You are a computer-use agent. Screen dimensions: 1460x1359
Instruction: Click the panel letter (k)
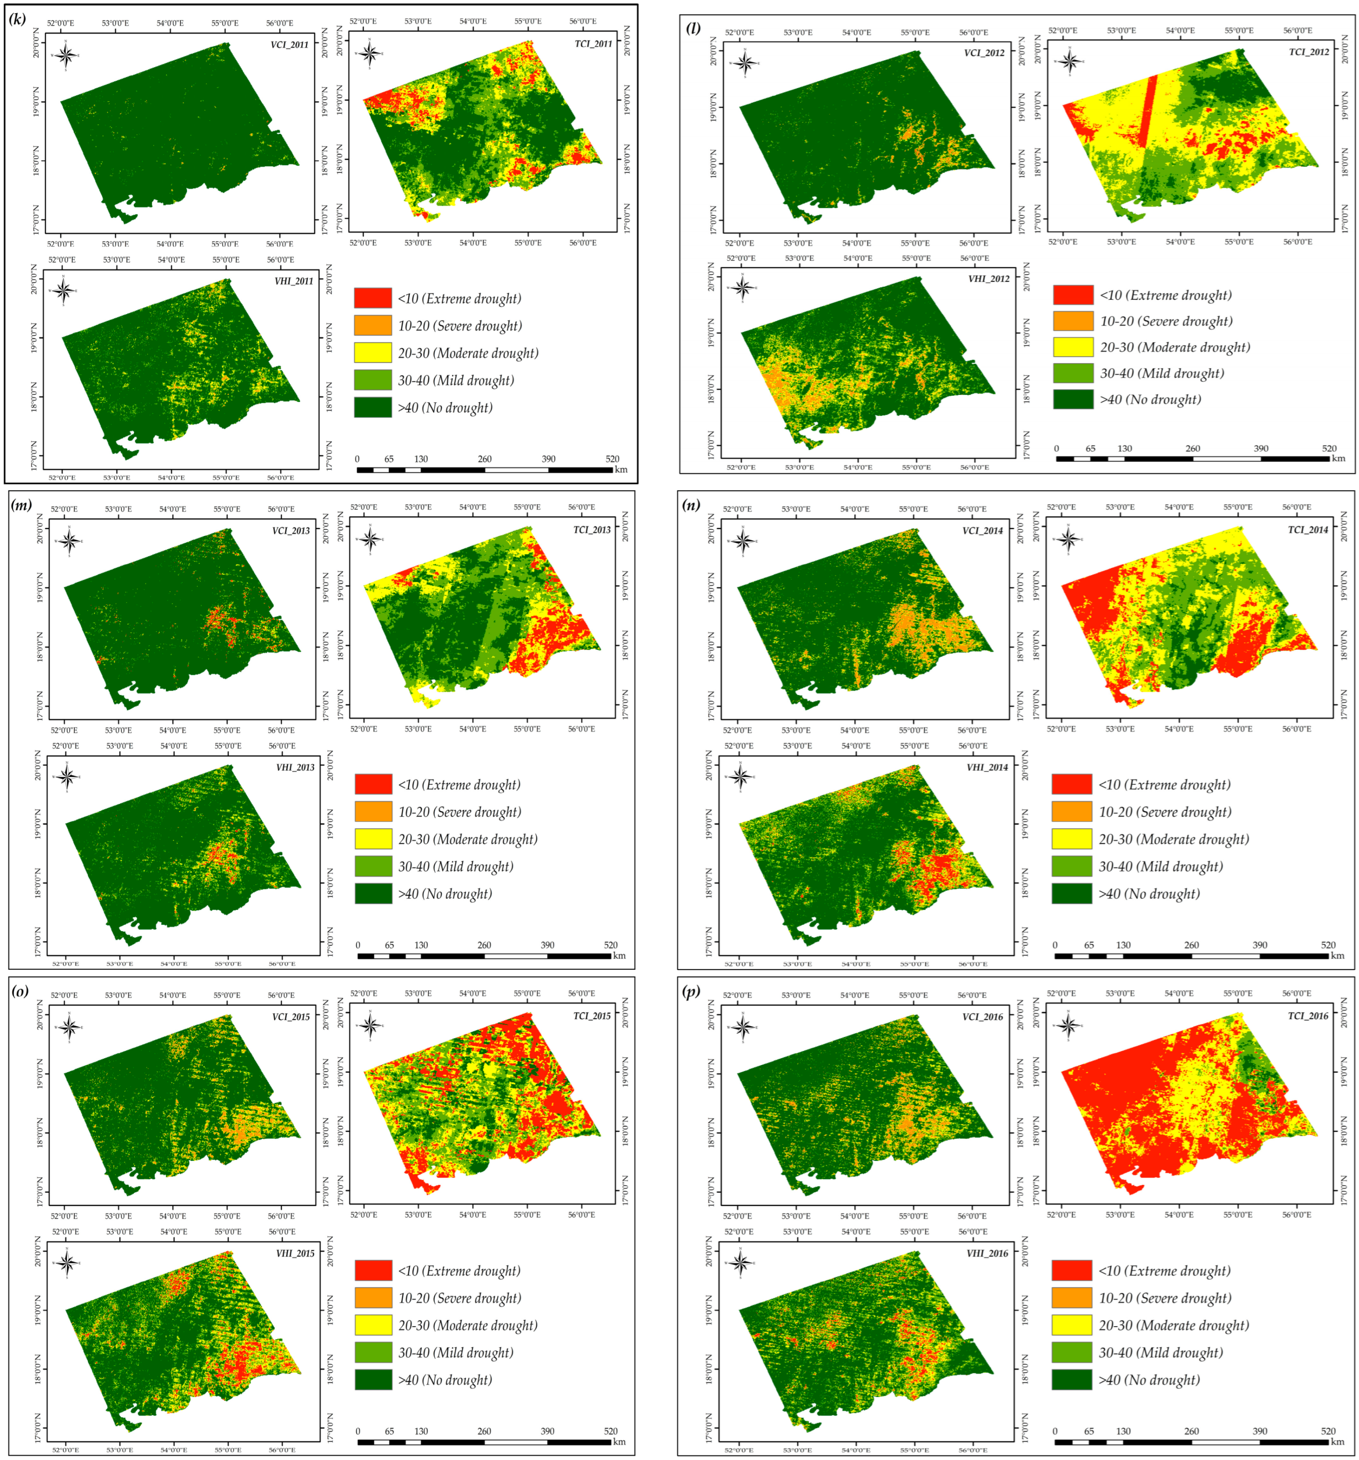point(16,20)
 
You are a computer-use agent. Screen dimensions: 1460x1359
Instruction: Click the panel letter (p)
point(690,992)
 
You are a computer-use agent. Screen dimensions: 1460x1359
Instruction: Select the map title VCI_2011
point(289,45)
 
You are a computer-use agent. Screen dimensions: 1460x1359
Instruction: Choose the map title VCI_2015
point(290,1017)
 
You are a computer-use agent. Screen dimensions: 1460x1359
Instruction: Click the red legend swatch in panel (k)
point(373,298)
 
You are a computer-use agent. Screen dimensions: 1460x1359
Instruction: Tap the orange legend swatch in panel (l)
point(1073,321)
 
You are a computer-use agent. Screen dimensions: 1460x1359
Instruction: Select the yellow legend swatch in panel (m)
point(373,839)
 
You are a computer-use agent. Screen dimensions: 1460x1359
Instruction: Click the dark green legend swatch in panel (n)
point(1071,894)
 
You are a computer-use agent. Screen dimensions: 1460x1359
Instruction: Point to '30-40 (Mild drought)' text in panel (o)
point(456,1353)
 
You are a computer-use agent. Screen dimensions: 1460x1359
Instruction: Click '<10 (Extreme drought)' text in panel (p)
point(1164,1271)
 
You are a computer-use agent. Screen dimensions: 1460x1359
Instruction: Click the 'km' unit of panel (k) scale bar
point(621,469)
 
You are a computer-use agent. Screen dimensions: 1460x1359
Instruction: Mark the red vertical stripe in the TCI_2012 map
point(1148,110)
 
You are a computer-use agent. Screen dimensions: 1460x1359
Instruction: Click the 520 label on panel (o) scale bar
point(611,1431)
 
